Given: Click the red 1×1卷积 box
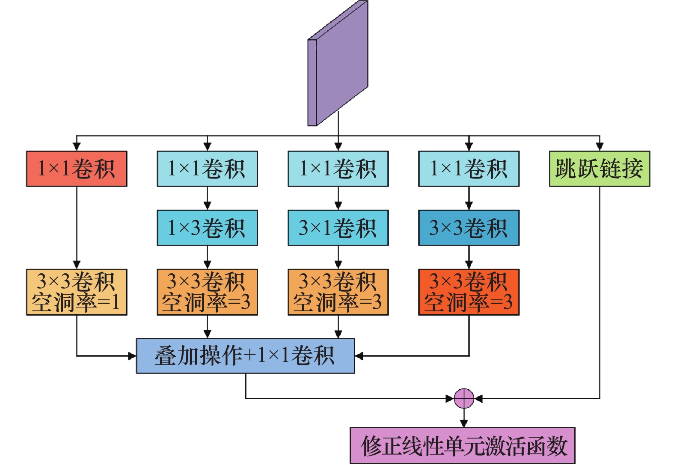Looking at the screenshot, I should click(x=77, y=169).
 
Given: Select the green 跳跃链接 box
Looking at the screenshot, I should click(x=599, y=169).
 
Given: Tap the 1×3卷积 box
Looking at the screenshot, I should click(x=207, y=228).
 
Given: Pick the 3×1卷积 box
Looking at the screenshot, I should click(x=338, y=228).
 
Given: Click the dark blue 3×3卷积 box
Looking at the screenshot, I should click(x=469, y=228).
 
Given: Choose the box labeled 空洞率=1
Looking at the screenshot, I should click(x=77, y=292).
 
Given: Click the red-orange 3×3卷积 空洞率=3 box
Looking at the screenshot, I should click(x=469, y=292).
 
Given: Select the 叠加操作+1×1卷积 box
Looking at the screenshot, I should click(x=245, y=356).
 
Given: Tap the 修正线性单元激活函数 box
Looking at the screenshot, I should click(x=462, y=445).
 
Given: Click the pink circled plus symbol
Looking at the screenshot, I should click(x=464, y=399).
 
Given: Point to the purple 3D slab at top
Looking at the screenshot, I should click(x=338, y=64).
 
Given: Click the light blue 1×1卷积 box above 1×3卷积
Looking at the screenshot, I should click(x=207, y=169).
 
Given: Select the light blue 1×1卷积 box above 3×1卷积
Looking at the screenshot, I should click(x=338, y=169).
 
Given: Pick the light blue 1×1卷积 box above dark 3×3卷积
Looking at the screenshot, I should click(x=469, y=169).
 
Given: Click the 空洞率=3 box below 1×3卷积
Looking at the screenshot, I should click(x=207, y=292).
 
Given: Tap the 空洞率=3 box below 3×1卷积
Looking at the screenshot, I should click(x=338, y=292).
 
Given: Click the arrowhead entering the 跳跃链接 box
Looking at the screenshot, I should click(x=600, y=146).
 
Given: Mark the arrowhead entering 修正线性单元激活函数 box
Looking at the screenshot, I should click(x=464, y=423).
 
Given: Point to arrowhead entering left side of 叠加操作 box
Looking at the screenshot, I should click(x=132, y=356).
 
